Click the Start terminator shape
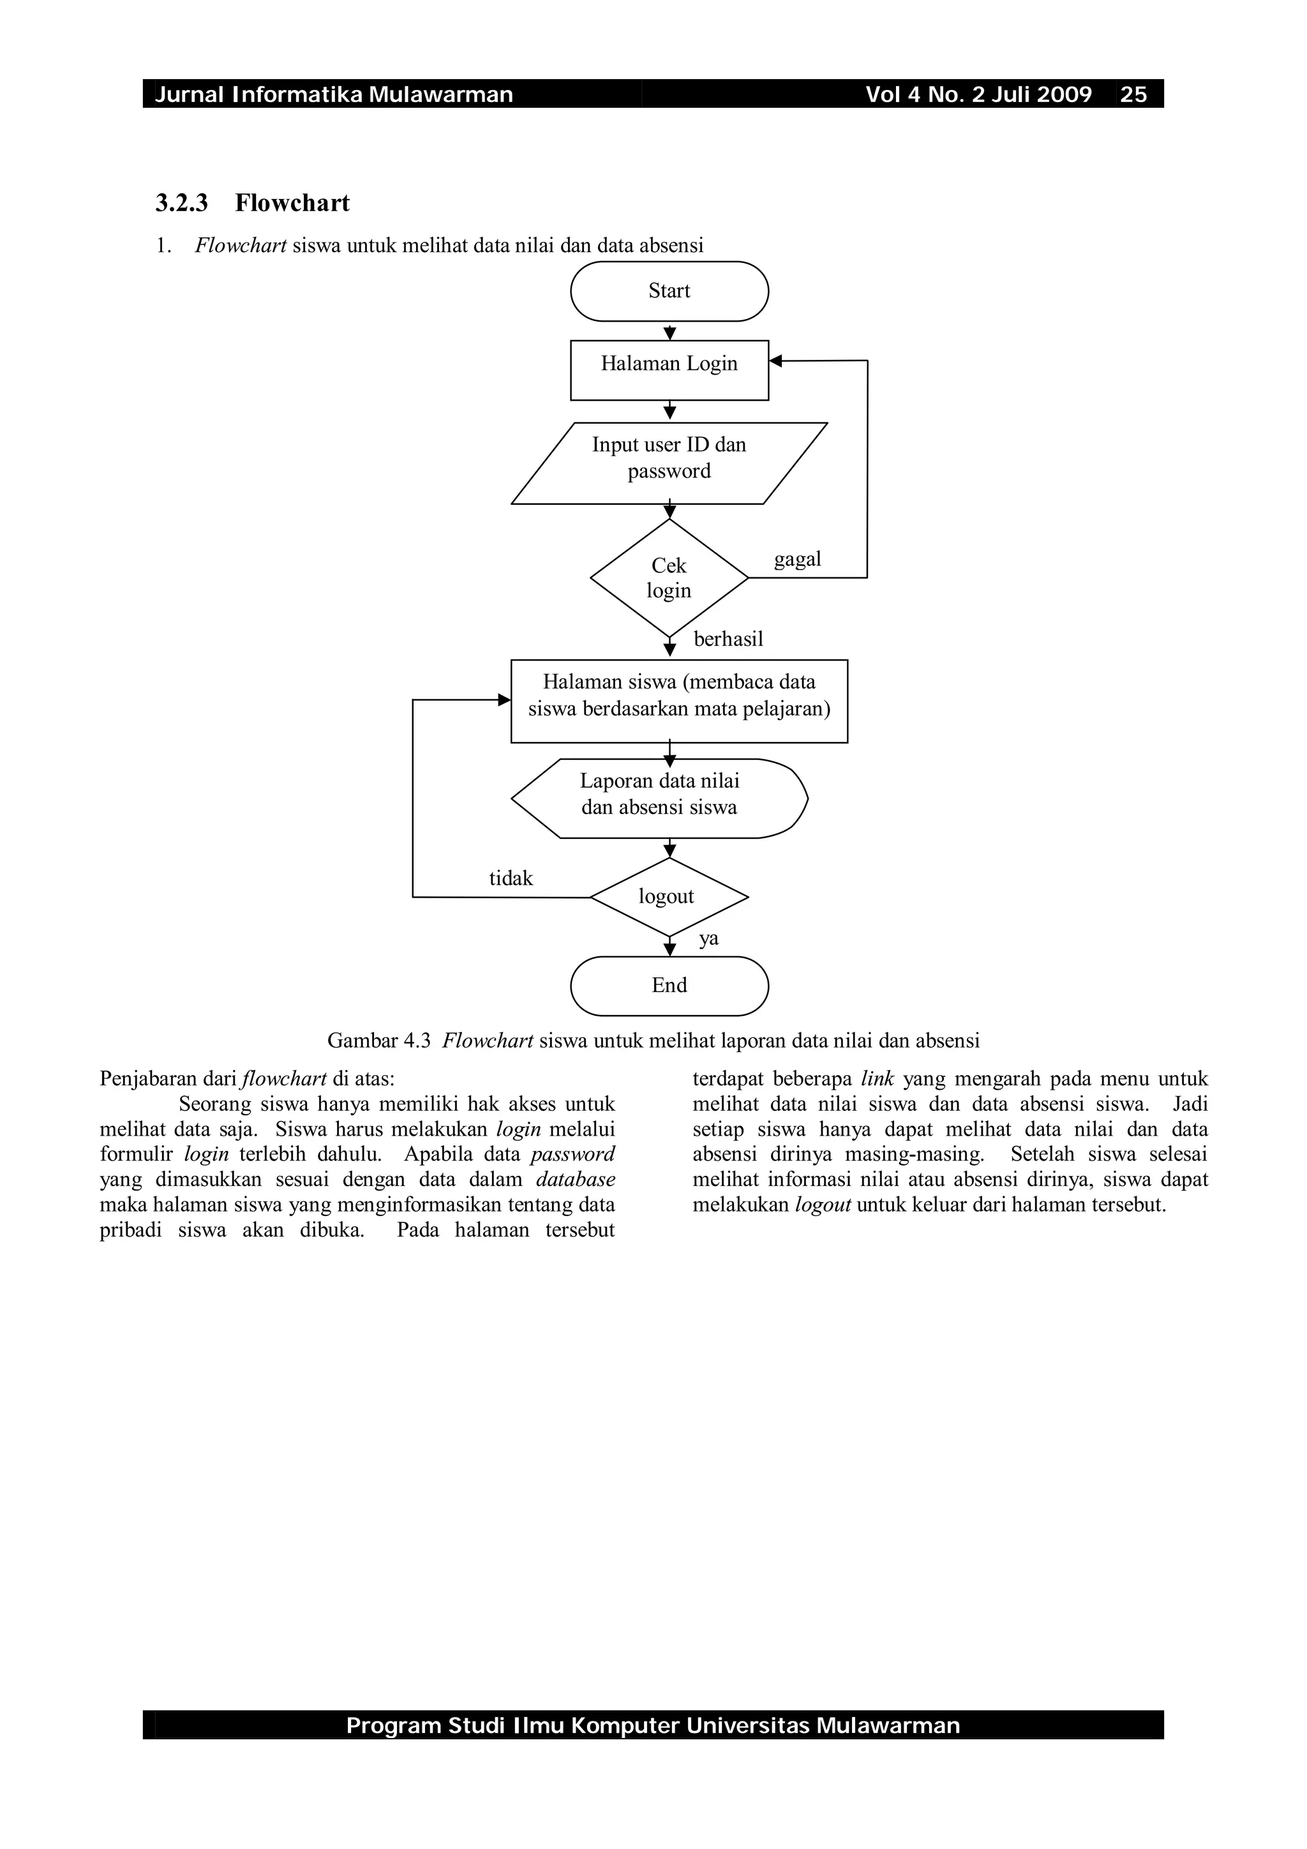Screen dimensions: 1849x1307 pyautogui.click(x=669, y=291)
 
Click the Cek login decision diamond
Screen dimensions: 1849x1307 pyautogui.click(x=669, y=577)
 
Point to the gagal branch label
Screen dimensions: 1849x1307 pyautogui.click(x=797, y=559)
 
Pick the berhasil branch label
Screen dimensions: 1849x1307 pyautogui.click(x=728, y=639)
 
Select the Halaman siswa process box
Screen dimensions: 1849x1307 pyautogui.click(x=679, y=701)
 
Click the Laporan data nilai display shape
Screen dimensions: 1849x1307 pyautogui.click(x=659, y=798)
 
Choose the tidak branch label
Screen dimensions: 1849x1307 pyautogui.click(x=511, y=879)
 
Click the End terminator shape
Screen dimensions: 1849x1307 pyautogui.click(x=669, y=986)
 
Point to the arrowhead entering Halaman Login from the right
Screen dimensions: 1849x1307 pyautogui.click(x=775, y=362)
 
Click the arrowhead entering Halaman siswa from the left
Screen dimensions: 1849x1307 pyautogui.click(x=505, y=700)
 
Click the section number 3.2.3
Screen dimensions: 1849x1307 pyautogui.click(x=181, y=203)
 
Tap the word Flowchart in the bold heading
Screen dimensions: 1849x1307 pyautogui.click(x=292, y=203)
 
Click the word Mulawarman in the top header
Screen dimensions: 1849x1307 pyautogui.click(x=441, y=95)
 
